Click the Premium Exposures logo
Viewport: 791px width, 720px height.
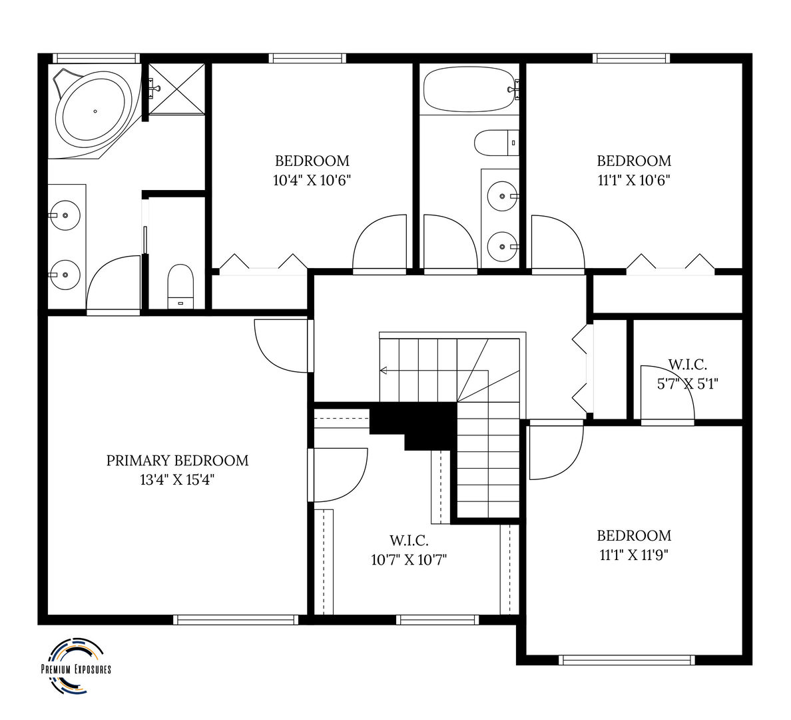(x=76, y=667)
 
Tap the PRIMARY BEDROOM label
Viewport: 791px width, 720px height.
(x=177, y=461)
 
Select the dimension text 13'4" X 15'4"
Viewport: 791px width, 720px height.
(x=177, y=479)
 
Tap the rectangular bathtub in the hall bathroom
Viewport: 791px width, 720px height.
(x=469, y=89)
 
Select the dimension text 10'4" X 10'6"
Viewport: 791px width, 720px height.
(x=312, y=181)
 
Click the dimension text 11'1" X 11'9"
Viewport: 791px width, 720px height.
(x=634, y=555)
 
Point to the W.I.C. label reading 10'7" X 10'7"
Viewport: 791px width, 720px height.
(x=409, y=541)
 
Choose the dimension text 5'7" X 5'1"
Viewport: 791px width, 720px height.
(x=687, y=384)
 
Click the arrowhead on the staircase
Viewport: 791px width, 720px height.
(x=383, y=371)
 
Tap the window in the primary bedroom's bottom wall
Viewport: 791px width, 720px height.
(x=236, y=620)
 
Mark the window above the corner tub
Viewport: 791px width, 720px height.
(x=97, y=59)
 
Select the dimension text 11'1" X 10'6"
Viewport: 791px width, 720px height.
(x=634, y=181)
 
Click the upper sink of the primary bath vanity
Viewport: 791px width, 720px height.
(x=65, y=215)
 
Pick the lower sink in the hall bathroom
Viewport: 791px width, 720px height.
(x=503, y=247)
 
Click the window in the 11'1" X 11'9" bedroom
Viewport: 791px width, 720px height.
(x=627, y=660)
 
